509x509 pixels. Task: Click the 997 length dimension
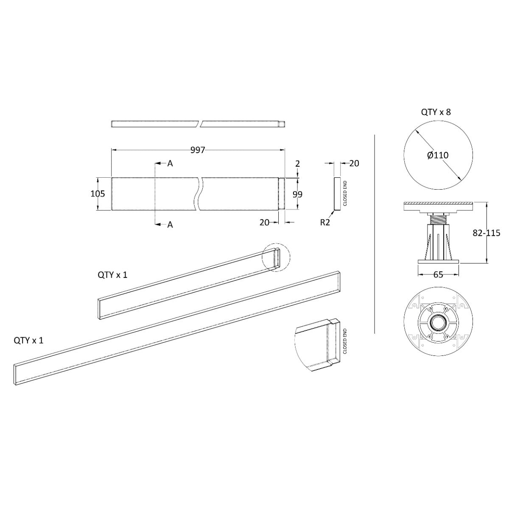pos(198,150)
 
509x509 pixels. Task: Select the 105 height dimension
pos(98,193)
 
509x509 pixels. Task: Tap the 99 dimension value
pos(297,194)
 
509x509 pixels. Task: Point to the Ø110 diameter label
pos(438,155)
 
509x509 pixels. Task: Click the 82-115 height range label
pos(486,233)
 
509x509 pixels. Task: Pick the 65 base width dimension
pos(438,275)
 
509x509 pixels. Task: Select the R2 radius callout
pos(325,222)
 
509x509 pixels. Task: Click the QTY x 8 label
pos(436,112)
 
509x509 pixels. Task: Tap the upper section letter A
pos(170,163)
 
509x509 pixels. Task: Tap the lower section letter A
pos(170,224)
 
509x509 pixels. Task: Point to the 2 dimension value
pos(298,163)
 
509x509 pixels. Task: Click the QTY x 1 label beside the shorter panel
pos(112,275)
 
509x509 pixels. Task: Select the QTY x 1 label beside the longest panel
pos(28,340)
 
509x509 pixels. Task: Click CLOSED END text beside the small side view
pos(345,193)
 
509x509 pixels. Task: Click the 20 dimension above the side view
pos(354,163)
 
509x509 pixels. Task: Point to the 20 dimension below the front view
pos(264,222)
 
